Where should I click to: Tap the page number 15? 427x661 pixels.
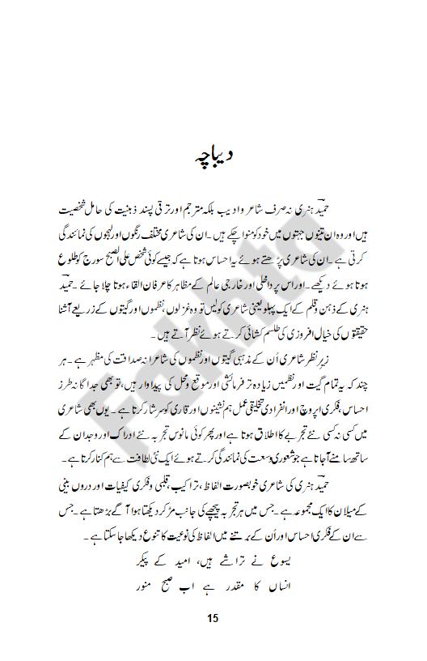click(x=213, y=619)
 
